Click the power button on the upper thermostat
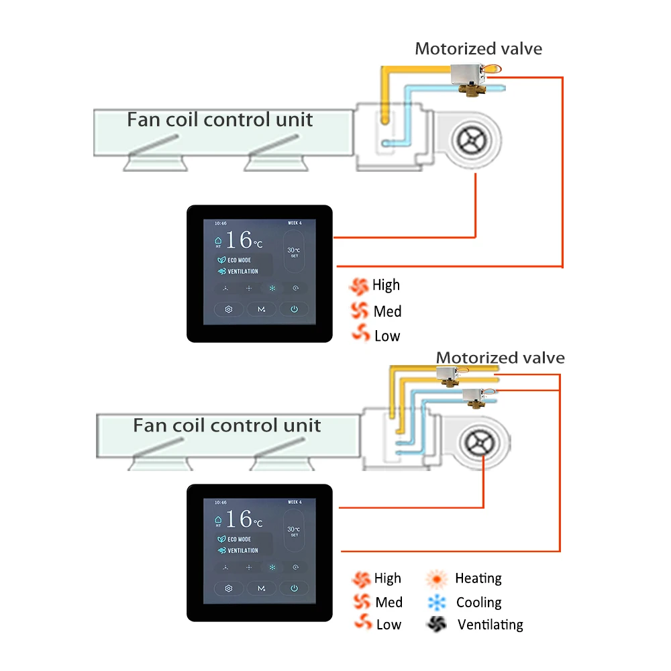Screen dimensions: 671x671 click(x=293, y=309)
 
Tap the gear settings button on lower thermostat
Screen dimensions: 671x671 click(x=229, y=588)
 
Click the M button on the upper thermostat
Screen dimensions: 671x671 click(x=262, y=309)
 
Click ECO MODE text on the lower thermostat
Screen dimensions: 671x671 click(x=239, y=539)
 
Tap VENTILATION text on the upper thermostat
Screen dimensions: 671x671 click(x=242, y=272)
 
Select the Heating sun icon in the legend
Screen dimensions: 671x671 click(x=437, y=578)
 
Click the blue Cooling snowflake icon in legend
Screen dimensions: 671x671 click(x=436, y=603)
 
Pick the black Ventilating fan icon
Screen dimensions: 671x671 click(x=436, y=624)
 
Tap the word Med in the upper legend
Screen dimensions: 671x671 click(x=388, y=311)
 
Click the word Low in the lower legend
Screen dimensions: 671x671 click(x=389, y=625)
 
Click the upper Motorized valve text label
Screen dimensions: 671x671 click(x=478, y=48)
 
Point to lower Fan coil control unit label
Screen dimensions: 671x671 click(x=227, y=425)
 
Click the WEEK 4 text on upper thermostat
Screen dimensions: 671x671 click(x=296, y=223)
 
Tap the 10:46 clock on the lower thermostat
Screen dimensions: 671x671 click(x=221, y=502)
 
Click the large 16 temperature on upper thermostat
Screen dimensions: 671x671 click(x=239, y=240)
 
